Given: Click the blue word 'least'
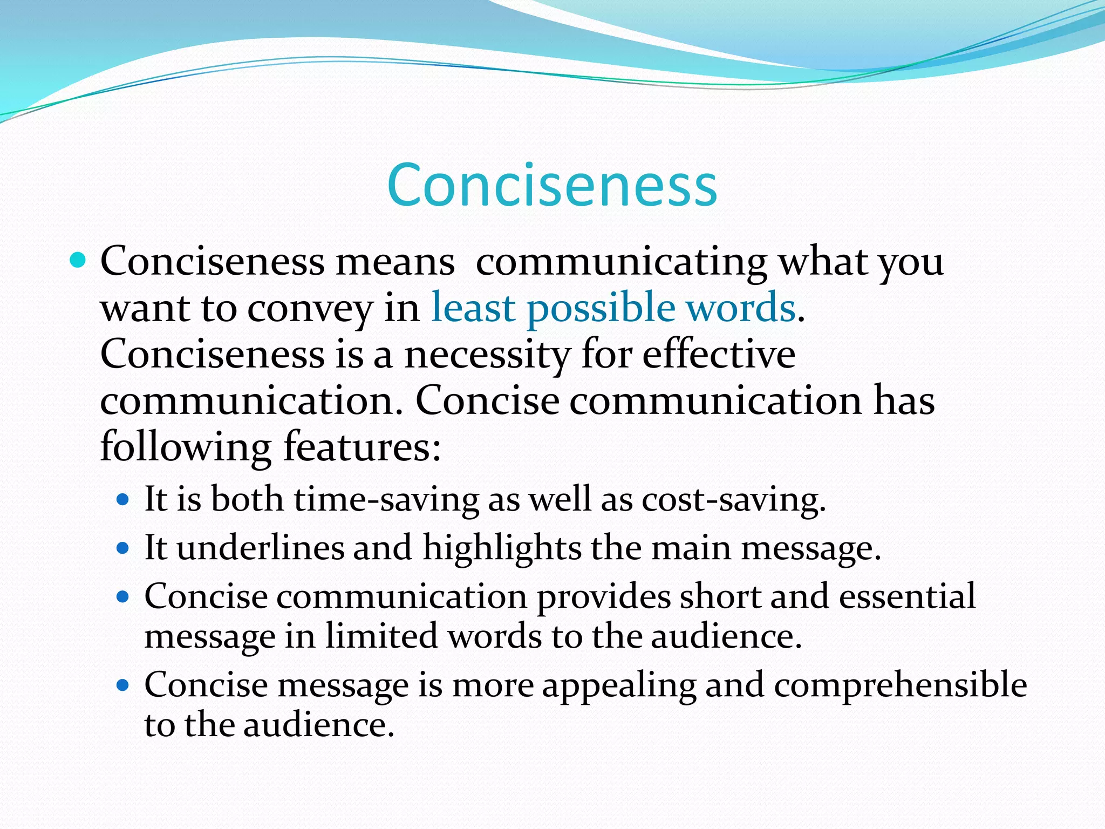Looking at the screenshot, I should click(x=473, y=308).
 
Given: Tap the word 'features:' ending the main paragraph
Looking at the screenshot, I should click(x=362, y=447).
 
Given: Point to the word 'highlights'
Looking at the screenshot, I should click(x=502, y=548).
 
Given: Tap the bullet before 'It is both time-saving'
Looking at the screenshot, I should click(x=124, y=500).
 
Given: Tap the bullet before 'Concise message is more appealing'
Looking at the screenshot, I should click(x=124, y=686).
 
